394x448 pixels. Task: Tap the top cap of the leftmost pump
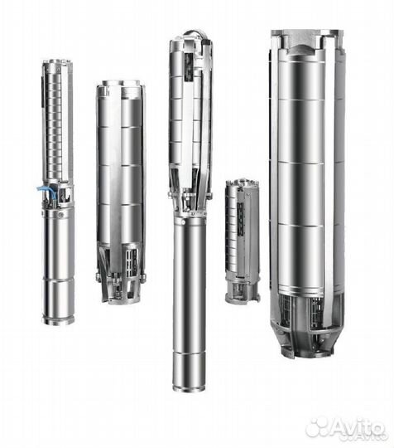point(57,63)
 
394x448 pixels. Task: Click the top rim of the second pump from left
point(119,85)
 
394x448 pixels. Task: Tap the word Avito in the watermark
point(355,427)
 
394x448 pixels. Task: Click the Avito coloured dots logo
point(319,427)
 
